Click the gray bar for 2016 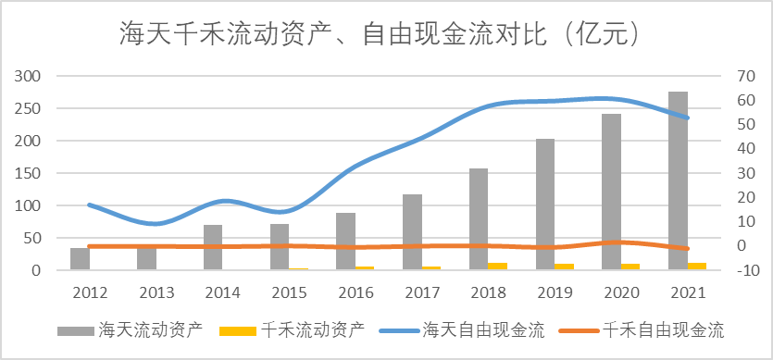pos(345,242)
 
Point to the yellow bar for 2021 pos(697,267)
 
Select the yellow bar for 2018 pos(498,267)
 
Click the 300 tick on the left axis pos(28,76)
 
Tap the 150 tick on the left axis pos(28,173)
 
